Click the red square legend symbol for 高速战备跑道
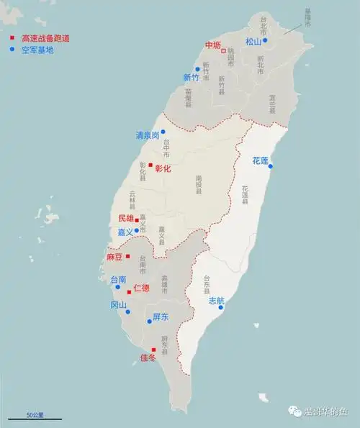click(x=12, y=37)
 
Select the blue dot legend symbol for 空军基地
click(x=12, y=50)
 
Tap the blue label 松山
click(x=253, y=42)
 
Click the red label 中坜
click(x=212, y=45)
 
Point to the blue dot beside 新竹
click(x=197, y=70)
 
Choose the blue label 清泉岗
click(x=148, y=135)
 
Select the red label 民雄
click(x=126, y=218)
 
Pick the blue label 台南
click(x=118, y=279)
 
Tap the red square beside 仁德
click(x=130, y=292)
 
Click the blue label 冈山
click(x=118, y=305)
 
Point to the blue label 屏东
click(x=161, y=317)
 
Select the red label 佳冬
click(x=148, y=357)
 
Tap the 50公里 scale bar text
click(x=35, y=415)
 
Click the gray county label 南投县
click(x=198, y=185)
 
